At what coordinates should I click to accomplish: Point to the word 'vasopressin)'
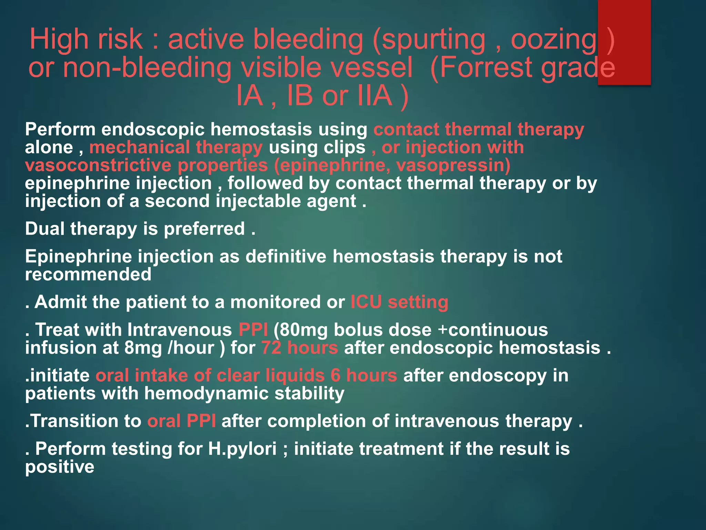453,165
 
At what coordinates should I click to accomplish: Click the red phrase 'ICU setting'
399,302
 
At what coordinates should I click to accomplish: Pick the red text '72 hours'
299,348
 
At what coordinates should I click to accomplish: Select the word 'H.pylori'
242,449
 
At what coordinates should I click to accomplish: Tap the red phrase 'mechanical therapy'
176,148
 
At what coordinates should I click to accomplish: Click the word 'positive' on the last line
60,467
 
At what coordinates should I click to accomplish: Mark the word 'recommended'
88,275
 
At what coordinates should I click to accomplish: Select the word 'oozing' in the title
553,40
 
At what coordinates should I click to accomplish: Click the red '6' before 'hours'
335,375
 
